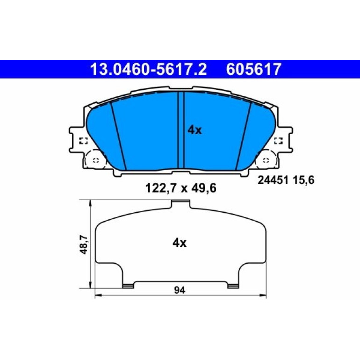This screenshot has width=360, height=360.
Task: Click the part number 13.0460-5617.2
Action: click(149, 69)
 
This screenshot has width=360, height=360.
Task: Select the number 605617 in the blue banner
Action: click(254, 69)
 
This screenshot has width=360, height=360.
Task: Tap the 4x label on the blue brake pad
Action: click(194, 130)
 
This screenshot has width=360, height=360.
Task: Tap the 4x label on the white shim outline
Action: click(180, 243)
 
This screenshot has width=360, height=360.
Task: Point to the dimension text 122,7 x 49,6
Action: click(180, 188)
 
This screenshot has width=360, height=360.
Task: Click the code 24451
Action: click(273, 180)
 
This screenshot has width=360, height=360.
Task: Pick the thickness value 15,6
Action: click(303, 180)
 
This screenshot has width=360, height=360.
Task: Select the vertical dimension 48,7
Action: click(84, 244)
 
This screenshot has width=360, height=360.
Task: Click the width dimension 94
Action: click(180, 290)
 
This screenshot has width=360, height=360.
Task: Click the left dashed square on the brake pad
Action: click(84, 141)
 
